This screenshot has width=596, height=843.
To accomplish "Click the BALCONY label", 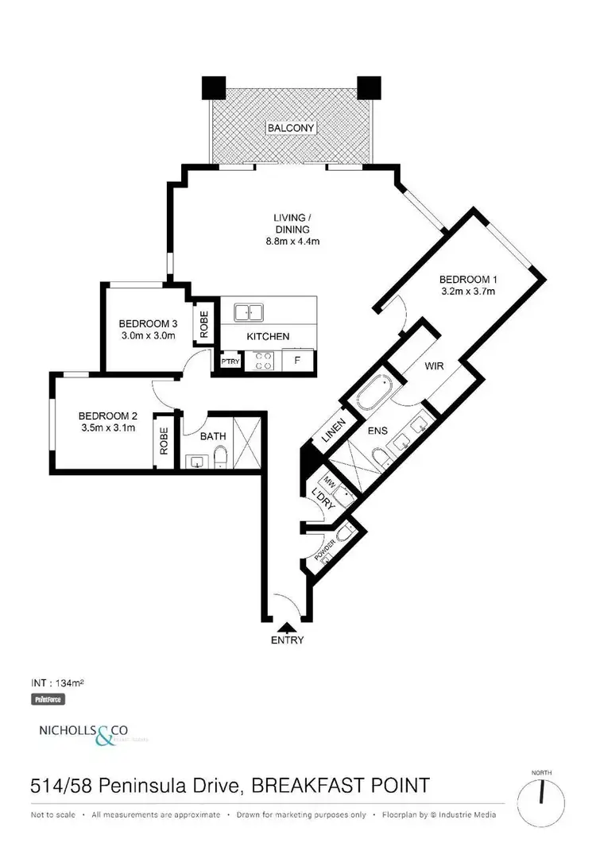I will [290, 128].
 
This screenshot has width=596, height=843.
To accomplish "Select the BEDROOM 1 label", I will [467, 279].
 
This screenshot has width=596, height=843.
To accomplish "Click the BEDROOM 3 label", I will [147, 323].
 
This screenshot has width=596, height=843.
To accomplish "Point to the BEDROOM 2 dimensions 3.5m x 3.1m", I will [108, 428].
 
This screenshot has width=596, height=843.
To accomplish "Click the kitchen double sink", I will [248, 312].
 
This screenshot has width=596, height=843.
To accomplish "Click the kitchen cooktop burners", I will [264, 362].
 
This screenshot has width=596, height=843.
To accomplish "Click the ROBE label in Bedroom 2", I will [164, 441].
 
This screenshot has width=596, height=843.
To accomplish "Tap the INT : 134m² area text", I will [57, 683].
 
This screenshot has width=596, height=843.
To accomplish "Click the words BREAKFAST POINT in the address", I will [341, 786].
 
